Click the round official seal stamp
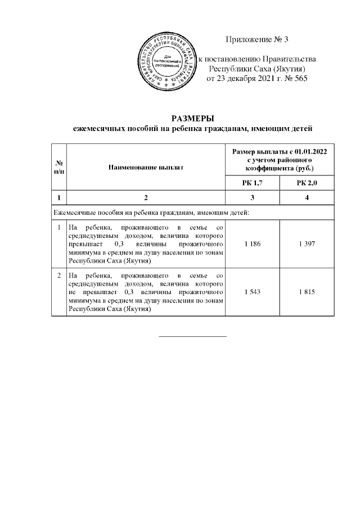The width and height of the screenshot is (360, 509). [x=168, y=61]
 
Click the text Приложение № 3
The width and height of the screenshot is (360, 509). [x=256, y=39]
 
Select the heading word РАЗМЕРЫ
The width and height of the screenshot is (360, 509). [x=193, y=118]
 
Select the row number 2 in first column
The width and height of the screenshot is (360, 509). [x=60, y=276]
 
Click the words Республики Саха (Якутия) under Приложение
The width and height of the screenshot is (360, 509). [x=257, y=68]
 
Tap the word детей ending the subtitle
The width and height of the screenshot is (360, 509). [x=300, y=129]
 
